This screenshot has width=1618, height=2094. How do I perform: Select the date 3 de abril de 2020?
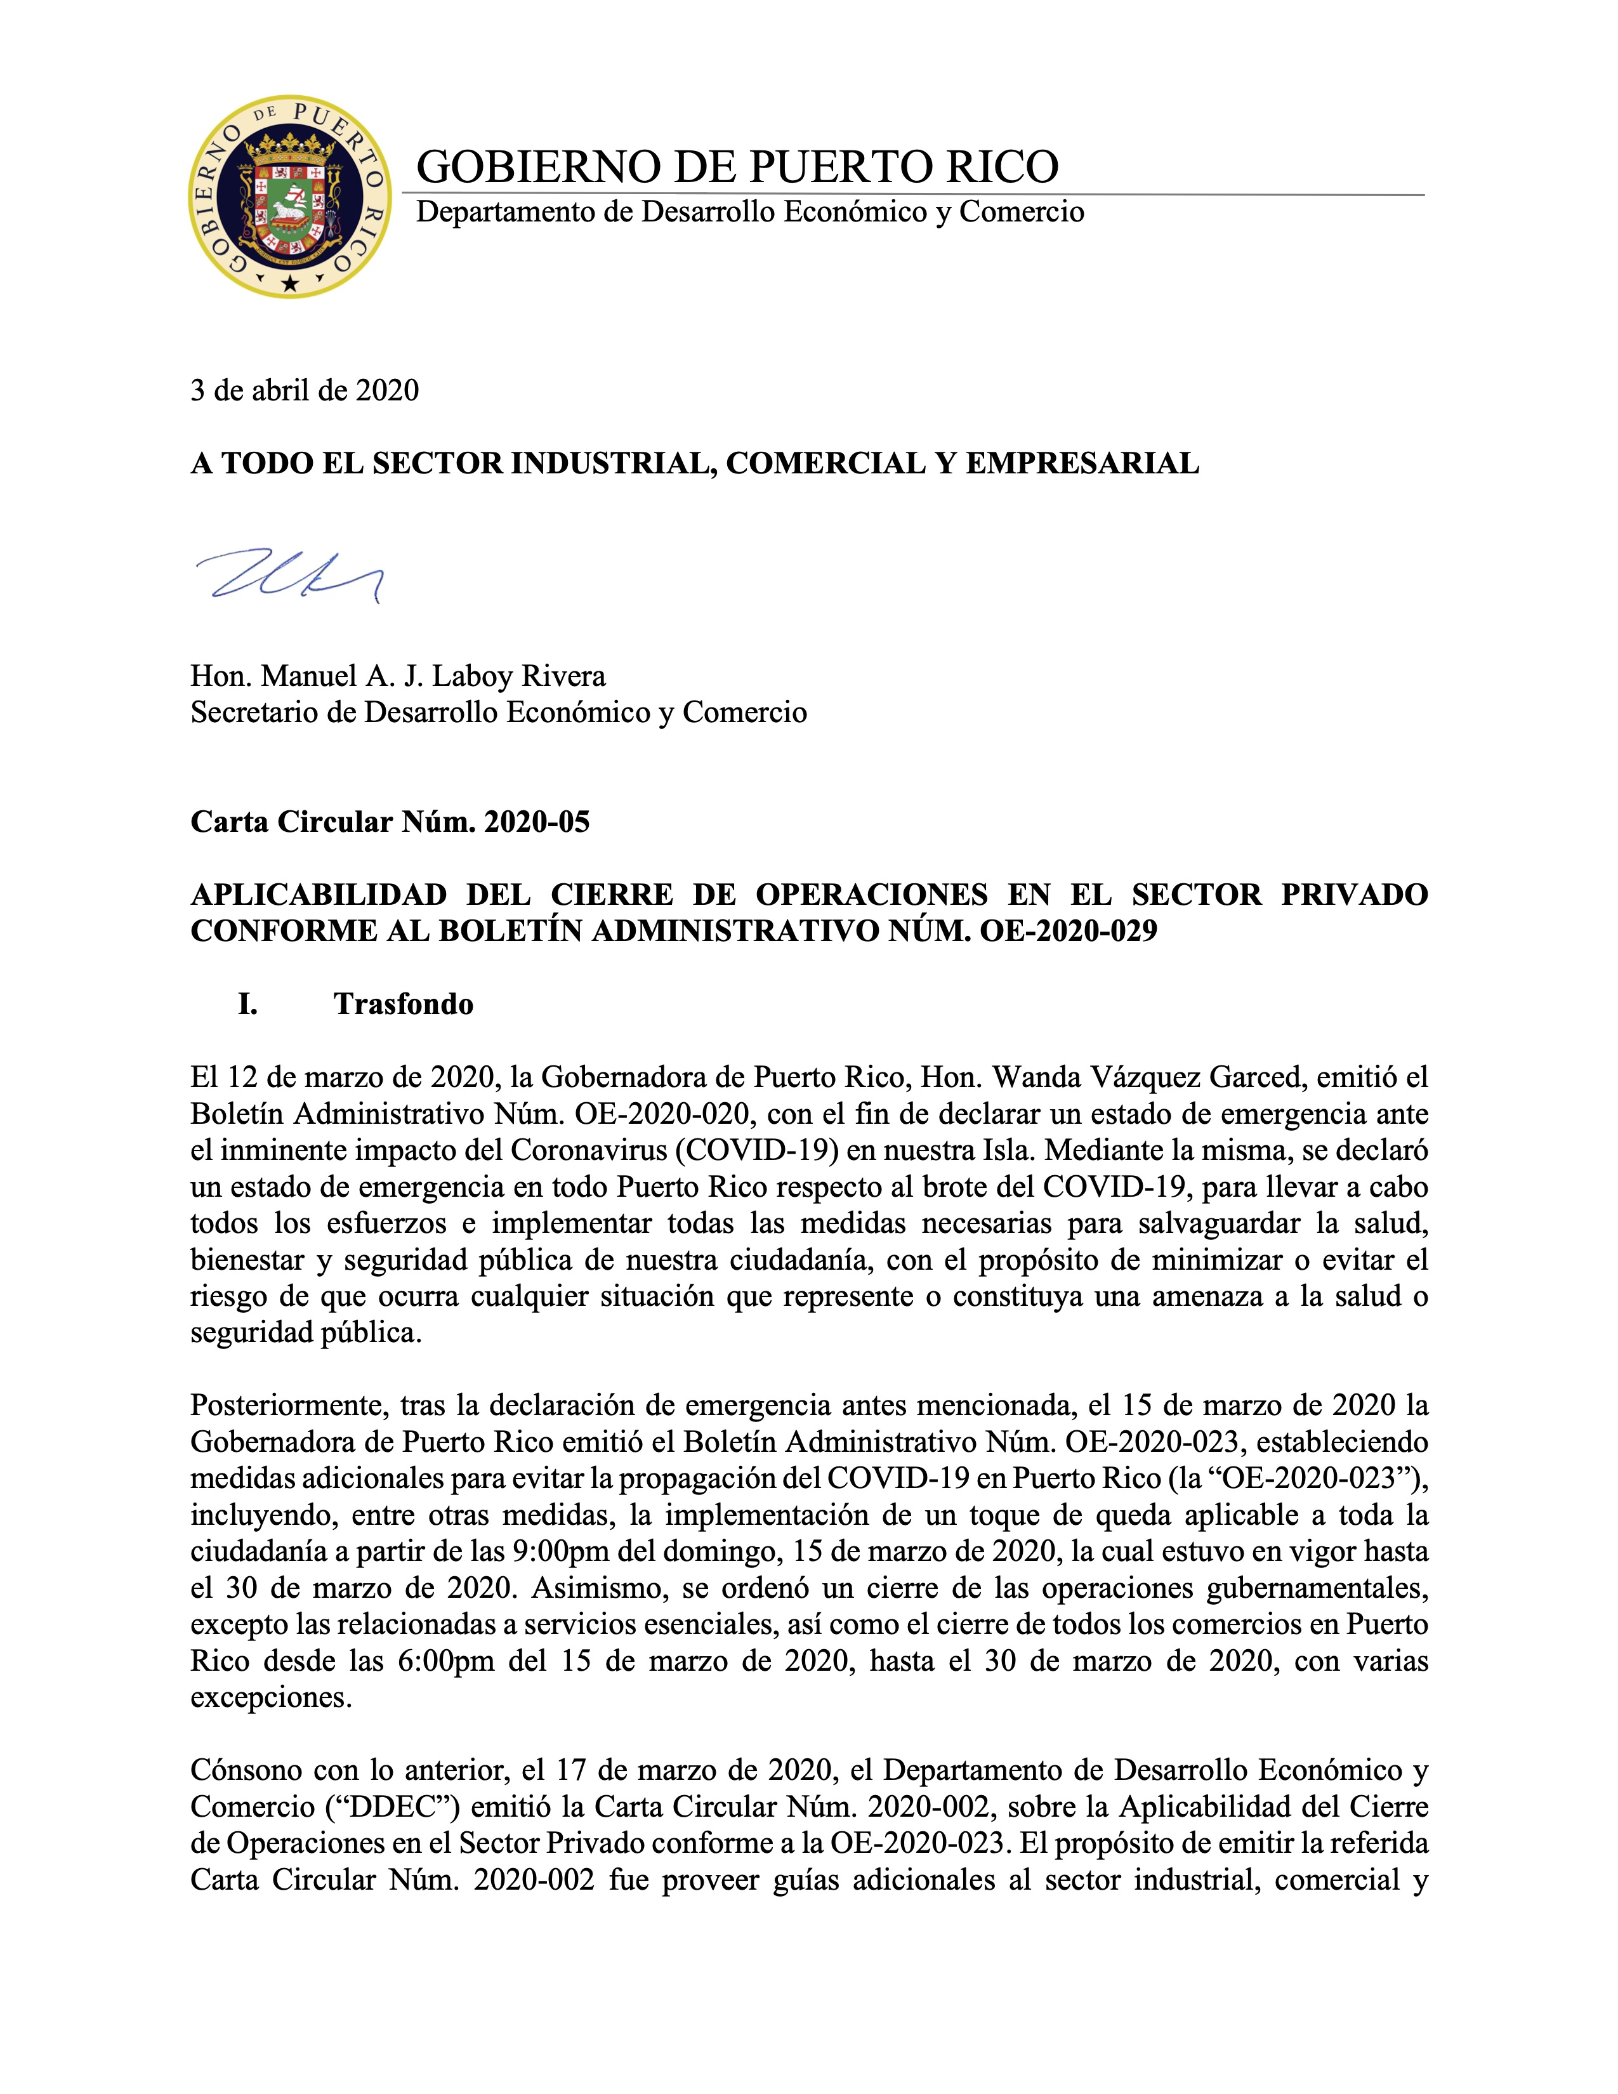point(305,390)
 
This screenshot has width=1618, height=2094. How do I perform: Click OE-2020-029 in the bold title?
point(1068,931)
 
